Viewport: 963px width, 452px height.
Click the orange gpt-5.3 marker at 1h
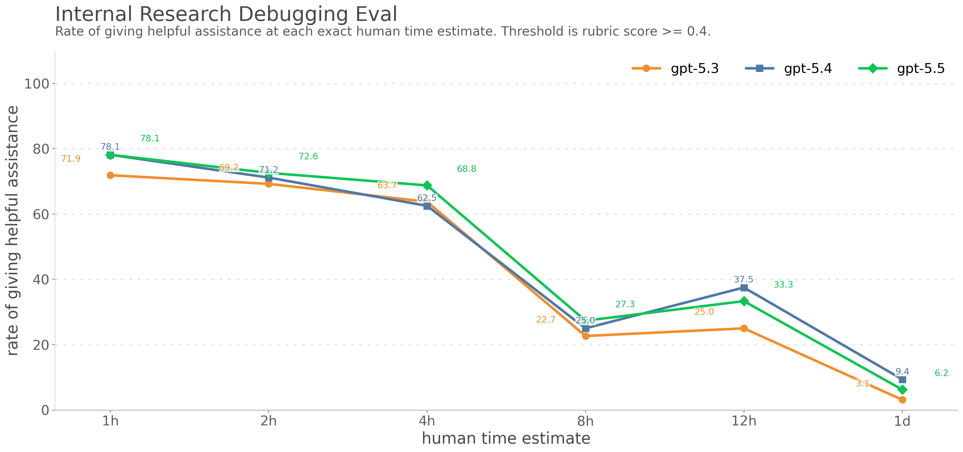pyautogui.click(x=110, y=175)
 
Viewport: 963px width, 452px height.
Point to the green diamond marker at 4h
pyautogui.click(x=427, y=186)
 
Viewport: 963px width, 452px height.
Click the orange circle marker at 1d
pyautogui.click(x=902, y=400)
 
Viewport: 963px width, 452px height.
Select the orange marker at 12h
pyautogui.click(x=744, y=328)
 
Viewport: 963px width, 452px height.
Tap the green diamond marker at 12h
pyautogui.click(x=744, y=301)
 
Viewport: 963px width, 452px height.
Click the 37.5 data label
pyautogui.click(x=744, y=279)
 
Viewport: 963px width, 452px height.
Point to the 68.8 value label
pyautogui.click(x=466, y=169)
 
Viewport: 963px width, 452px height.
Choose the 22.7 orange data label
pyautogui.click(x=545, y=320)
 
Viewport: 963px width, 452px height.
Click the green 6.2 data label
pyautogui.click(x=941, y=373)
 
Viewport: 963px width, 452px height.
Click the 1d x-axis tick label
pyautogui.click(x=902, y=421)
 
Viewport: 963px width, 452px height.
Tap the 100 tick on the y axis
pyautogui.click(x=37, y=84)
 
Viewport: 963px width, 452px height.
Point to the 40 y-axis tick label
pyautogui.click(x=41, y=280)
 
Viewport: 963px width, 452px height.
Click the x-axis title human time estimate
pyautogui.click(x=506, y=438)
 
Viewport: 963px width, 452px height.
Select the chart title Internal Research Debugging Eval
pyautogui.click(x=226, y=14)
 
